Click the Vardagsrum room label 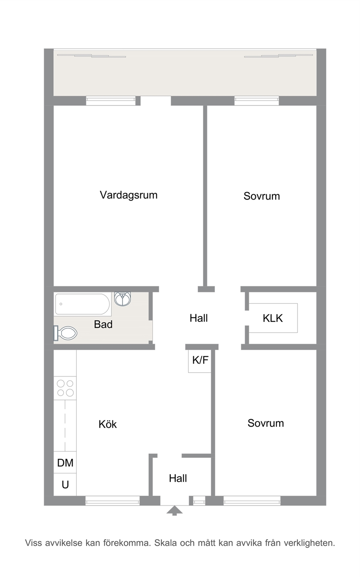click(x=128, y=195)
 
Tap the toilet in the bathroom click(x=66, y=333)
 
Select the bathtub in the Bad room click(x=82, y=304)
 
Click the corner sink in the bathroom click(x=123, y=298)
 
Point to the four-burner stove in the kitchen click(x=65, y=388)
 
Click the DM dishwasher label click(x=65, y=463)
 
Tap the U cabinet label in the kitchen click(x=65, y=485)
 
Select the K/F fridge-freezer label click(x=200, y=360)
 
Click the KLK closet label click(x=273, y=318)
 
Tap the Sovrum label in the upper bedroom click(x=262, y=196)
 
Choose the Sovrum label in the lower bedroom click(x=266, y=423)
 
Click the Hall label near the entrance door click(x=178, y=478)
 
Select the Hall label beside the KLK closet click(x=199, y=318)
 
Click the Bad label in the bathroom click(x=103, y=324)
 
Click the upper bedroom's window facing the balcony click(x=257, y=101)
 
